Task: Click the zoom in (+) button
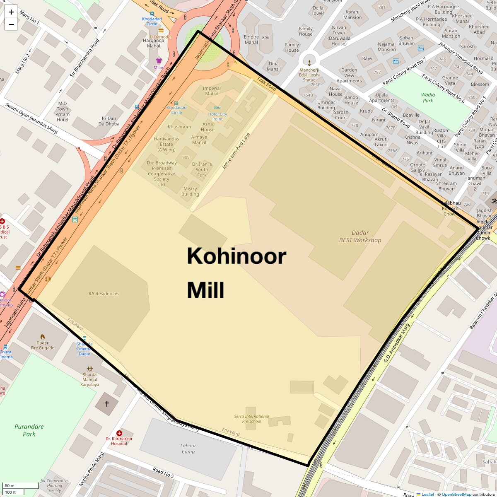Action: [11, 12]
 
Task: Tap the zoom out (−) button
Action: [11, 24]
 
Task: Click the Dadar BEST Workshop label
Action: [360, 236]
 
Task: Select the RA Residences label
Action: [104, 294]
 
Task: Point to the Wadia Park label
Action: [428, 98]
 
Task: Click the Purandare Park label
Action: [29, 430]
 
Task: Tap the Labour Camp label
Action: [188, 449]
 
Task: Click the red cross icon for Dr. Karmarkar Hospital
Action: [119, 433]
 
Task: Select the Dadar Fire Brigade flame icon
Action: [42, 337]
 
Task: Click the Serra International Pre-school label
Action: [251, 419]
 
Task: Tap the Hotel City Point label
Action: [217, 116]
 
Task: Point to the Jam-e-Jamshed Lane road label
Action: [236, 151]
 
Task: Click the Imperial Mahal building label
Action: [212, 91]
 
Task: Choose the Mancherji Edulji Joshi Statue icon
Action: [309, 62]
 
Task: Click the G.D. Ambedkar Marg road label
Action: [396, 343]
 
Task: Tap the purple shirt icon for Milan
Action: [159, 61]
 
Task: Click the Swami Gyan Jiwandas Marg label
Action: [31, 118]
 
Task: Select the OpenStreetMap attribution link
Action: [456, 494]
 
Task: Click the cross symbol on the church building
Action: [106, 403]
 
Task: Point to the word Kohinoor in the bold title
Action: [236, 256]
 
